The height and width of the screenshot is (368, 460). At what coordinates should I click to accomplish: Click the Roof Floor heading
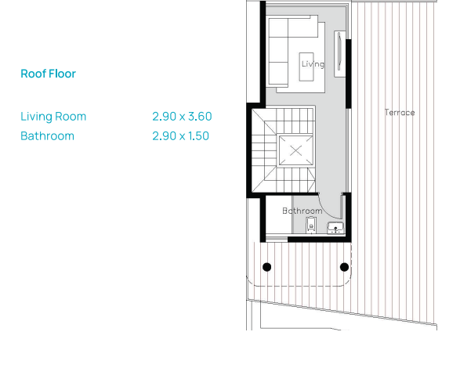tap(48, 74)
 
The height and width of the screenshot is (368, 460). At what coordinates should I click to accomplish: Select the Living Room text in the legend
tap(53, 117)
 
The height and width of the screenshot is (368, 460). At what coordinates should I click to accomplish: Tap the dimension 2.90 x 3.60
tap(182, 117)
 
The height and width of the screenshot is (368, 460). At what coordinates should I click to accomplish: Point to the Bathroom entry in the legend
tap(47, 136)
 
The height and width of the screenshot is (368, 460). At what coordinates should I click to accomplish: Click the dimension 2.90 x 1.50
tap(180, 136)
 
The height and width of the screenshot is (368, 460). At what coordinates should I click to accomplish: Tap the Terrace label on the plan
tap(400, 112)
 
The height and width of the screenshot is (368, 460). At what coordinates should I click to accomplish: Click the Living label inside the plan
tap(313, 64)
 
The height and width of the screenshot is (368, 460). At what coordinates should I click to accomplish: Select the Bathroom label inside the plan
tap(302, 211)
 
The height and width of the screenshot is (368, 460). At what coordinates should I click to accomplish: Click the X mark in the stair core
tap(295, 151)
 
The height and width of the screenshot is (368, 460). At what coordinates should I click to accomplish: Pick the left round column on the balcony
tap(266, 267)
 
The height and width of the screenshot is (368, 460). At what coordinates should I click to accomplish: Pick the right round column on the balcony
tap(344, 267)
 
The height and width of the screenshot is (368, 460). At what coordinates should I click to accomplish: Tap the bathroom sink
tap(335, 228)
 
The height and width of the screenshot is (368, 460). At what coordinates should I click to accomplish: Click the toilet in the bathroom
tap(311, 225)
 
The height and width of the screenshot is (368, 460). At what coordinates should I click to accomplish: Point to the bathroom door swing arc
tap(327, 211)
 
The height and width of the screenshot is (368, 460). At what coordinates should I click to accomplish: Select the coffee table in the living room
tap(306, 67)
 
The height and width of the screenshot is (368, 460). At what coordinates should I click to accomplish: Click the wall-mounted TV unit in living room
tap(340, 54)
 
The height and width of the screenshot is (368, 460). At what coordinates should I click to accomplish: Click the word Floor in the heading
tap(62, 74)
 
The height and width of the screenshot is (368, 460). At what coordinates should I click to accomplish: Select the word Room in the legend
tap(71, 117)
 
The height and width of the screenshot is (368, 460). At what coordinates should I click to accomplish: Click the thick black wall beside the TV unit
tap(349, 74)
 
